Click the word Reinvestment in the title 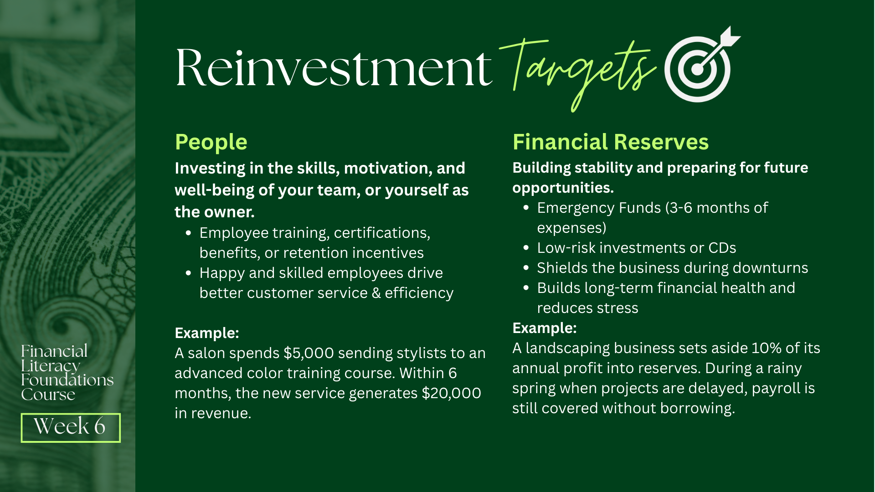[x=334, y=67]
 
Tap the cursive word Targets [x=578, y=73]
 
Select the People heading [x=211, y=142]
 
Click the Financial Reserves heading [x=611, y=142]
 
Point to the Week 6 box [x=71, y=427]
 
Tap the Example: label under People [x=207, y=333]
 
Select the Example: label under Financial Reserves [x=545, y=328]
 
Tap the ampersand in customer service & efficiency [x=376, y=293]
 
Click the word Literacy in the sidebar [x=51, y=366]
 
